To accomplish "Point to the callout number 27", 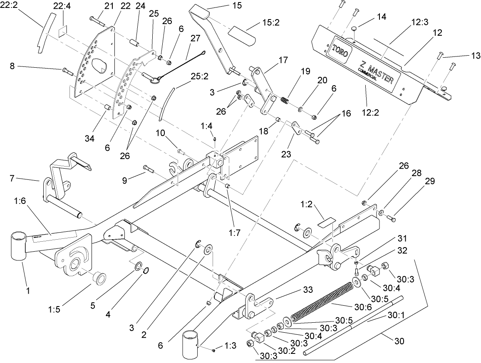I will pos(195,38).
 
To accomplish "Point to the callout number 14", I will pos(381,17).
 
